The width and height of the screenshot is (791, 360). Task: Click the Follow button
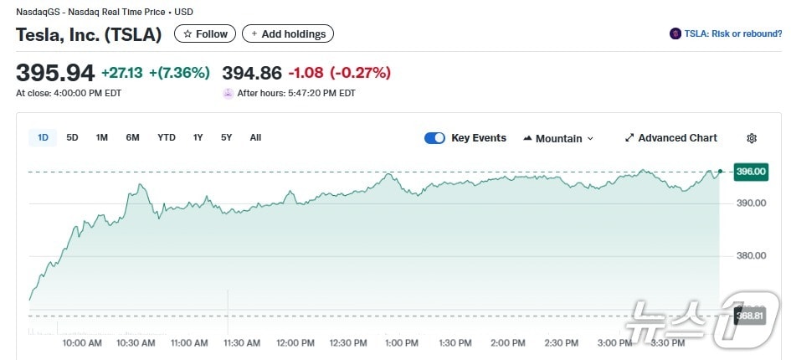tap(205, 34)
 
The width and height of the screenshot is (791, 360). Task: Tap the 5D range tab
tap(73, 137)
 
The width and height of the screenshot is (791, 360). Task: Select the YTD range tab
tap(167, 137)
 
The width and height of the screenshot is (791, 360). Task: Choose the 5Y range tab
tap(227, 137)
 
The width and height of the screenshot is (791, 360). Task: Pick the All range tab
tap(255, 137)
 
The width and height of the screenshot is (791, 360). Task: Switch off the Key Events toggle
tap(434, 138)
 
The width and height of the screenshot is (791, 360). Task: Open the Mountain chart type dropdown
tap(558, 138)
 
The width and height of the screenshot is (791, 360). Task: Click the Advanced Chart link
tap(671, 138)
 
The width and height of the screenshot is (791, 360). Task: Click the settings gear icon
tap(752, 138)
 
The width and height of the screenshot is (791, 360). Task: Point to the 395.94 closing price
tap(55, 73)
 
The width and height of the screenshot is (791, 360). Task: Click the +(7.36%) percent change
tap(179, 73)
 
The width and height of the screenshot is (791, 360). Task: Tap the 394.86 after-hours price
tap(251, 73)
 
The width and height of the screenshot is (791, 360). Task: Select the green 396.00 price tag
tap(750, 172)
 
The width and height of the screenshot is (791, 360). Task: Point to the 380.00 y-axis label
tap(750, 256)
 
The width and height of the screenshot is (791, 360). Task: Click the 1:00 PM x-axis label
tap(401, 343)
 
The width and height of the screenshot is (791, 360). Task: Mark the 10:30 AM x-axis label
tap(136, 343)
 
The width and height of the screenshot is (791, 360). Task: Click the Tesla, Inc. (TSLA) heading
tap(89, 34)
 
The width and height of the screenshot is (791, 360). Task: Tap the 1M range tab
tap(102, 137)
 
